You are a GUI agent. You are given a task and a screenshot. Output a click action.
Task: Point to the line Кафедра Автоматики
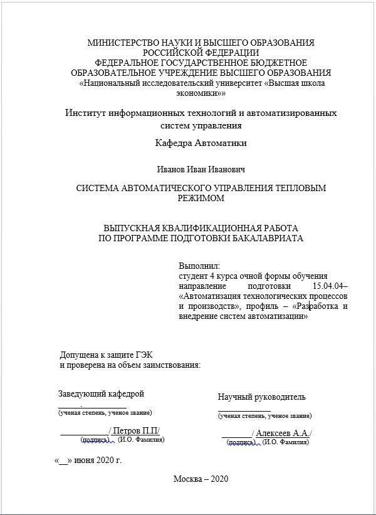pos(201,143)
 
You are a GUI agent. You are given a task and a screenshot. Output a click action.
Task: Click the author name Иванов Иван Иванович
pos(201,169)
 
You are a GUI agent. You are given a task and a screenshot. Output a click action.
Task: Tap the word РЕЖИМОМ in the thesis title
pos(201,198)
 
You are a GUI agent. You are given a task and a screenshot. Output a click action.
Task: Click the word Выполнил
pos(200,266)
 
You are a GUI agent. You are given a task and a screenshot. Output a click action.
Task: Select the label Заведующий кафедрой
pos(102,394)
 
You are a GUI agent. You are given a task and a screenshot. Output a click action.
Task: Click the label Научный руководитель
pos(262,397)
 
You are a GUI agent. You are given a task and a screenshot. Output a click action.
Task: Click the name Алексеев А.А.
pos(283,434)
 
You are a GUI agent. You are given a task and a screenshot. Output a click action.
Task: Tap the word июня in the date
pos(81,460)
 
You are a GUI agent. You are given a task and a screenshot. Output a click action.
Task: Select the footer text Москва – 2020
pos(201,479)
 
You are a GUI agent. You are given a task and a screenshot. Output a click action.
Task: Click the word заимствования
pos(170,365)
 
